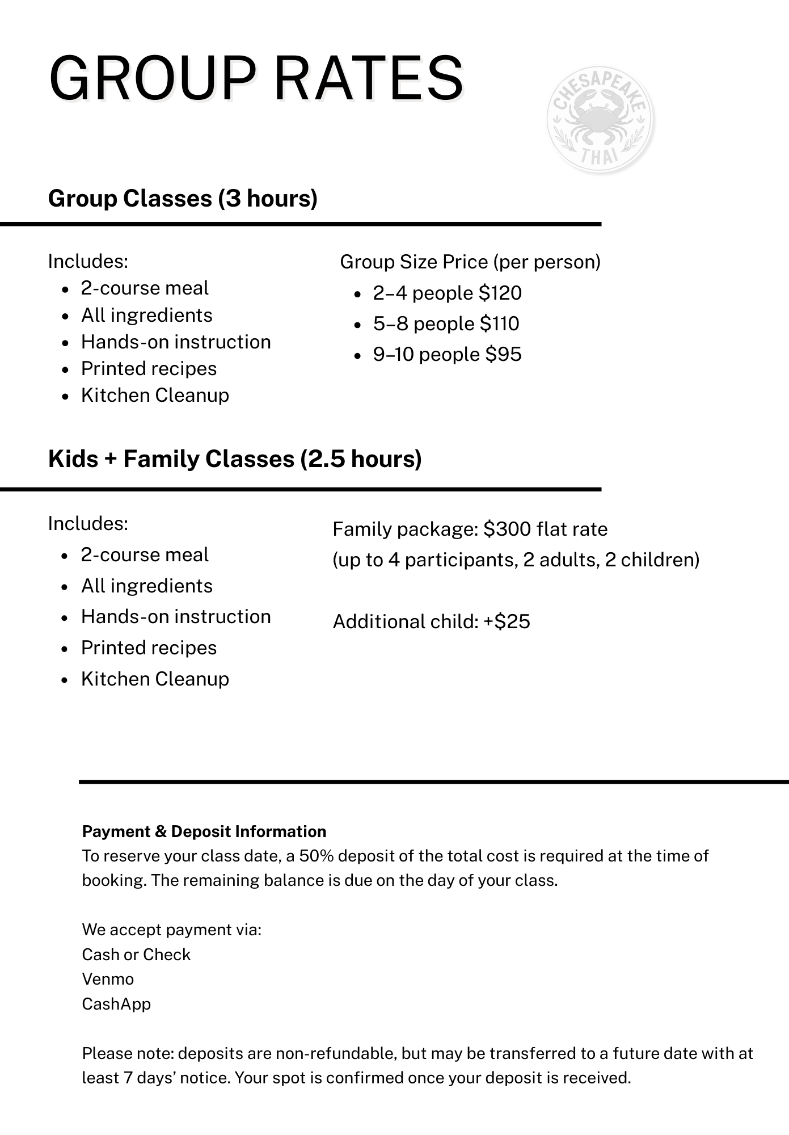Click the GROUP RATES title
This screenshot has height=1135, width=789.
tap(256, 78)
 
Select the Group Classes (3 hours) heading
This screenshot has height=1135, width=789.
tap(183, 199)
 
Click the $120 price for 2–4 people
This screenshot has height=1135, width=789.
tap(500, 293)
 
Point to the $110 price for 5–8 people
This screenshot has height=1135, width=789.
tap(499, 323)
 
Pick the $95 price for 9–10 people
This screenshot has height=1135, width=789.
tap(503, 354)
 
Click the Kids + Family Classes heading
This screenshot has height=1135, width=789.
tap(235, 459)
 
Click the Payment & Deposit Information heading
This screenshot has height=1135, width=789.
tap(204, 831)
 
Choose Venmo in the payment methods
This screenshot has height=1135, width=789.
tap(108, 979)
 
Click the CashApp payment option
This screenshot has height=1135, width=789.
tap(116, 1004)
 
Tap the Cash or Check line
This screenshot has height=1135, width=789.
tap(136, 955)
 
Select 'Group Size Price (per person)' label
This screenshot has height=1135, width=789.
tap(470, 262)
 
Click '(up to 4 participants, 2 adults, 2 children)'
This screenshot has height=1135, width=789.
tap(516, 560)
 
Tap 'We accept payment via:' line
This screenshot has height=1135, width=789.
tap(171, 930)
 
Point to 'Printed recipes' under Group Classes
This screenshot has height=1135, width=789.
tap(149, 368)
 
